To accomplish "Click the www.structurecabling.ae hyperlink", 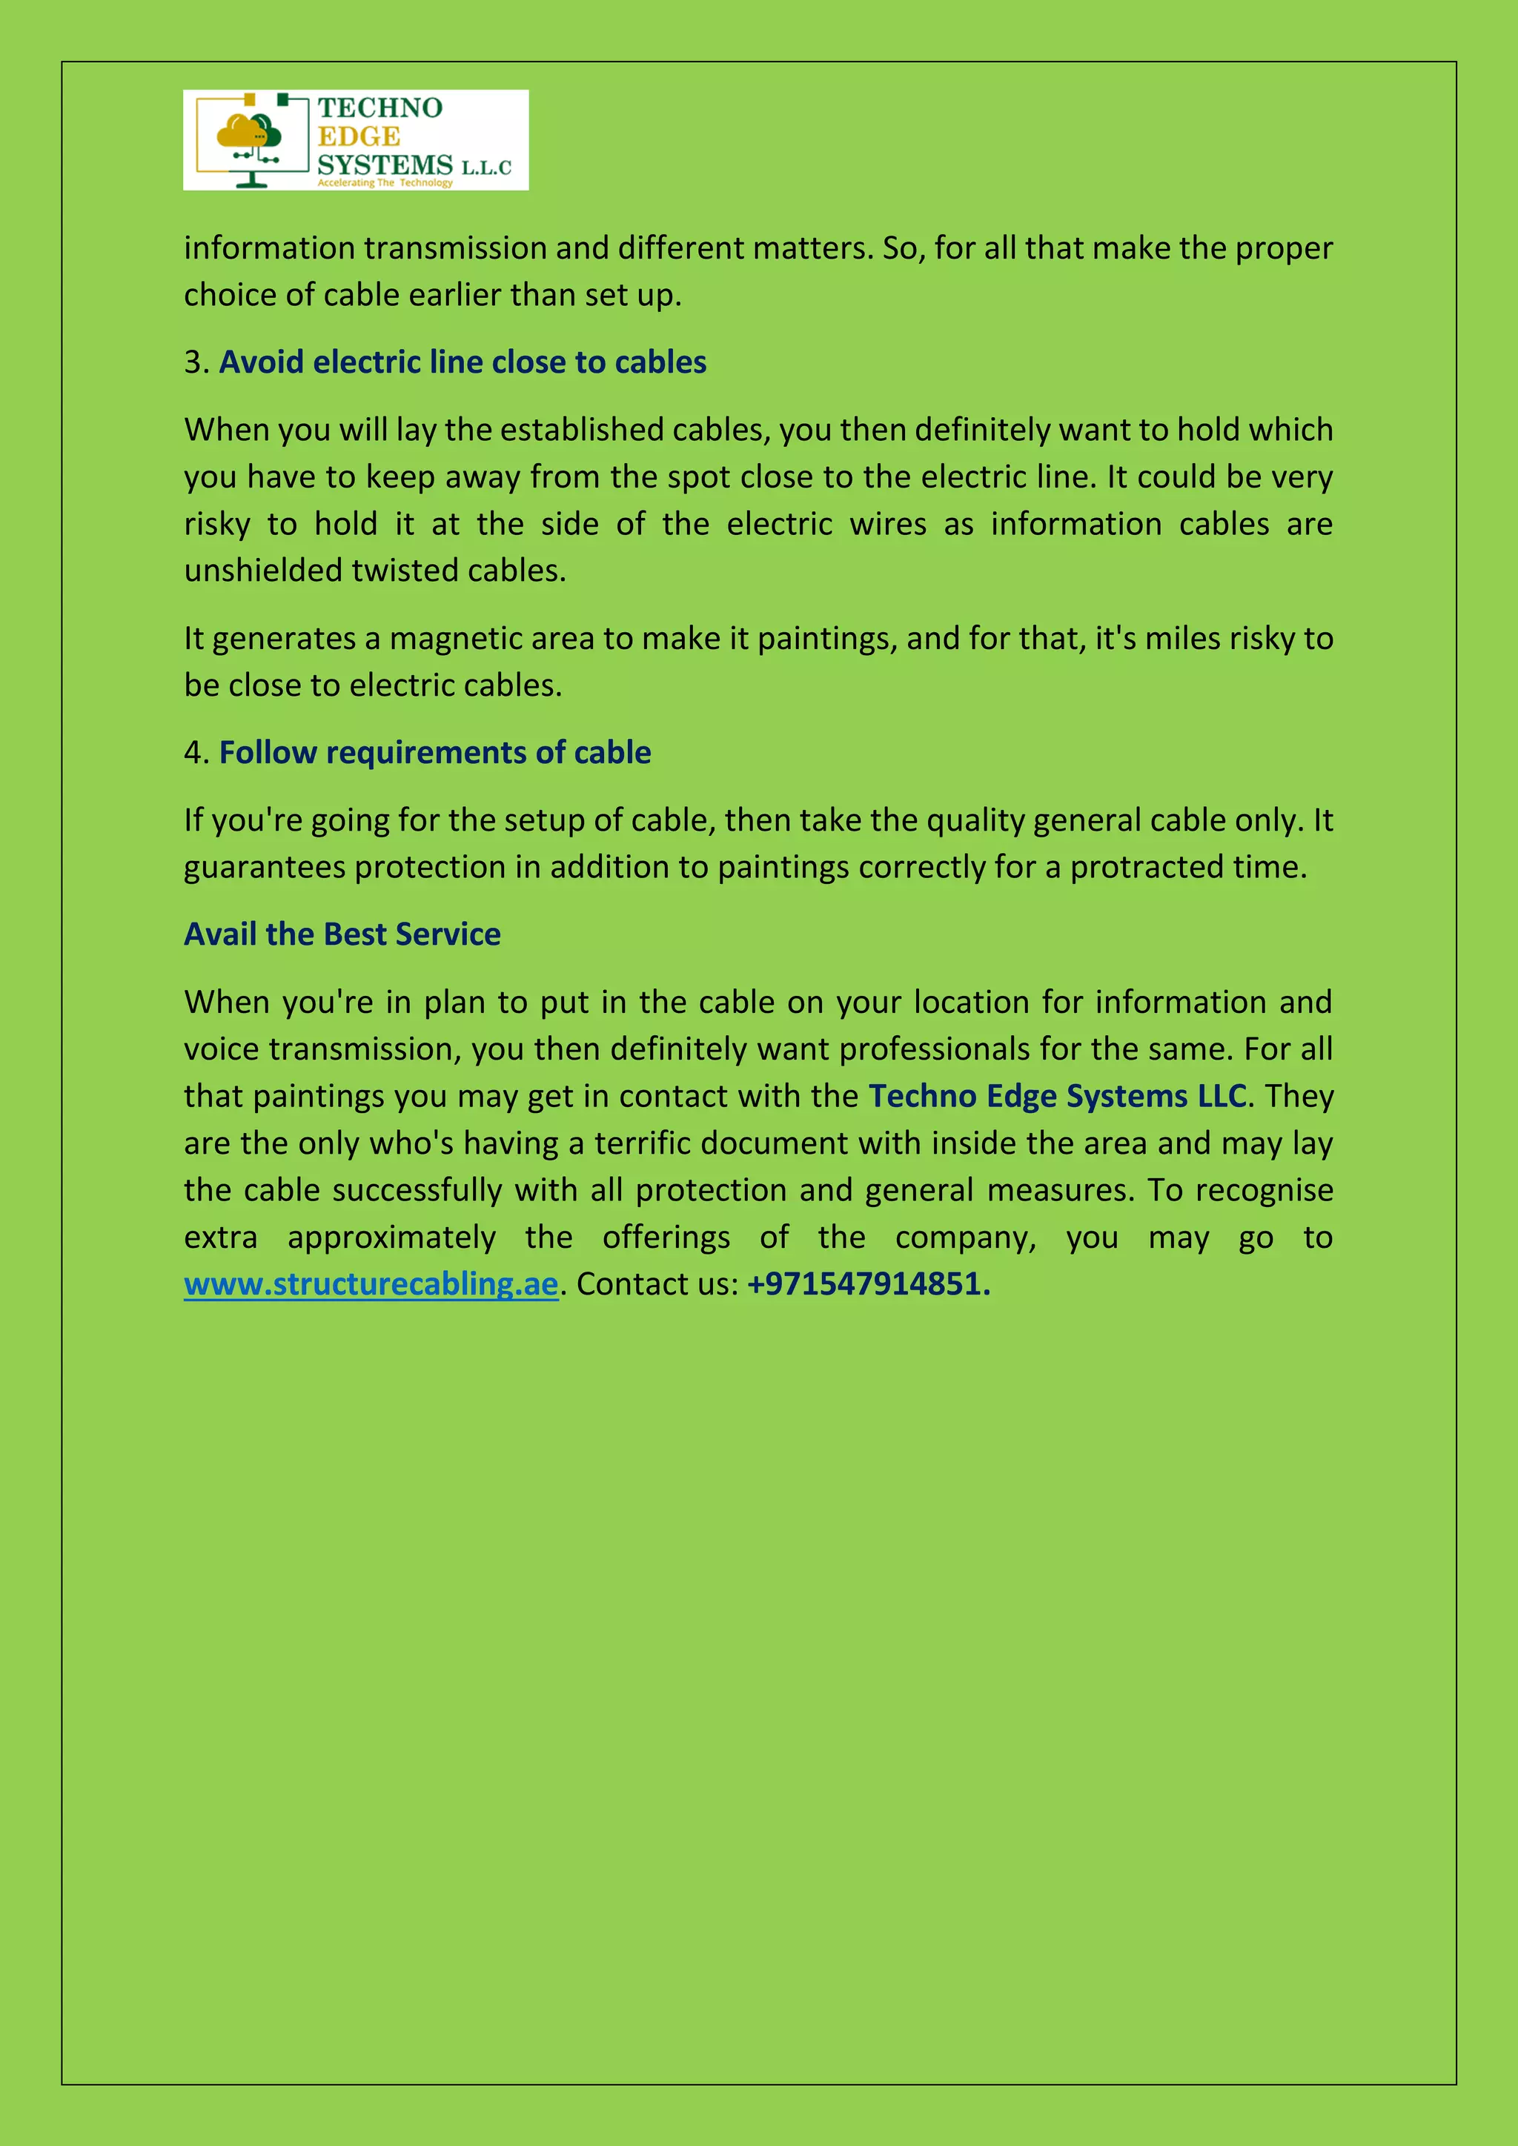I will click(x=371, y=1284).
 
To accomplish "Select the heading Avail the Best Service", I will click(x=342, y=934).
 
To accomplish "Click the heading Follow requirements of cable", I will click(x=434, y=752).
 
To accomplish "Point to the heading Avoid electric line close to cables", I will click(x=463, y=362).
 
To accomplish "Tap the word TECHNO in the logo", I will click(x=379, y=108).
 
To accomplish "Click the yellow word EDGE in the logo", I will click(x=359, y=136).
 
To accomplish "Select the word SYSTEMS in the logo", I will click(x=385, y=165).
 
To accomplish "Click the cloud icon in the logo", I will click(x=248, y=133).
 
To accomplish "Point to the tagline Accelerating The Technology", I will click(x=385, y=183).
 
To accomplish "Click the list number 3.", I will click(x=194, y=362).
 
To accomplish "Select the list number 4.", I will click(x=194, y=752).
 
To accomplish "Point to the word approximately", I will click(x=391, y=1238).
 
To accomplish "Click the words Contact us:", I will click(x=657, y=1284).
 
